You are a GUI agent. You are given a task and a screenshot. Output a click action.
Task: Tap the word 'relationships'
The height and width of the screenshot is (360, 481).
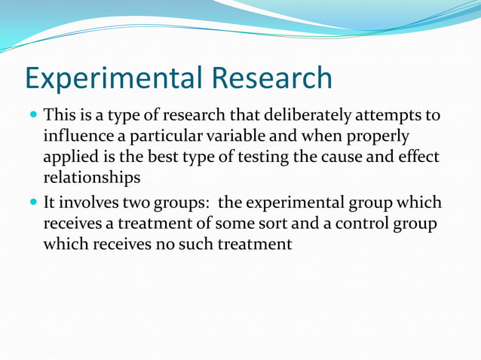[92, 178]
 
